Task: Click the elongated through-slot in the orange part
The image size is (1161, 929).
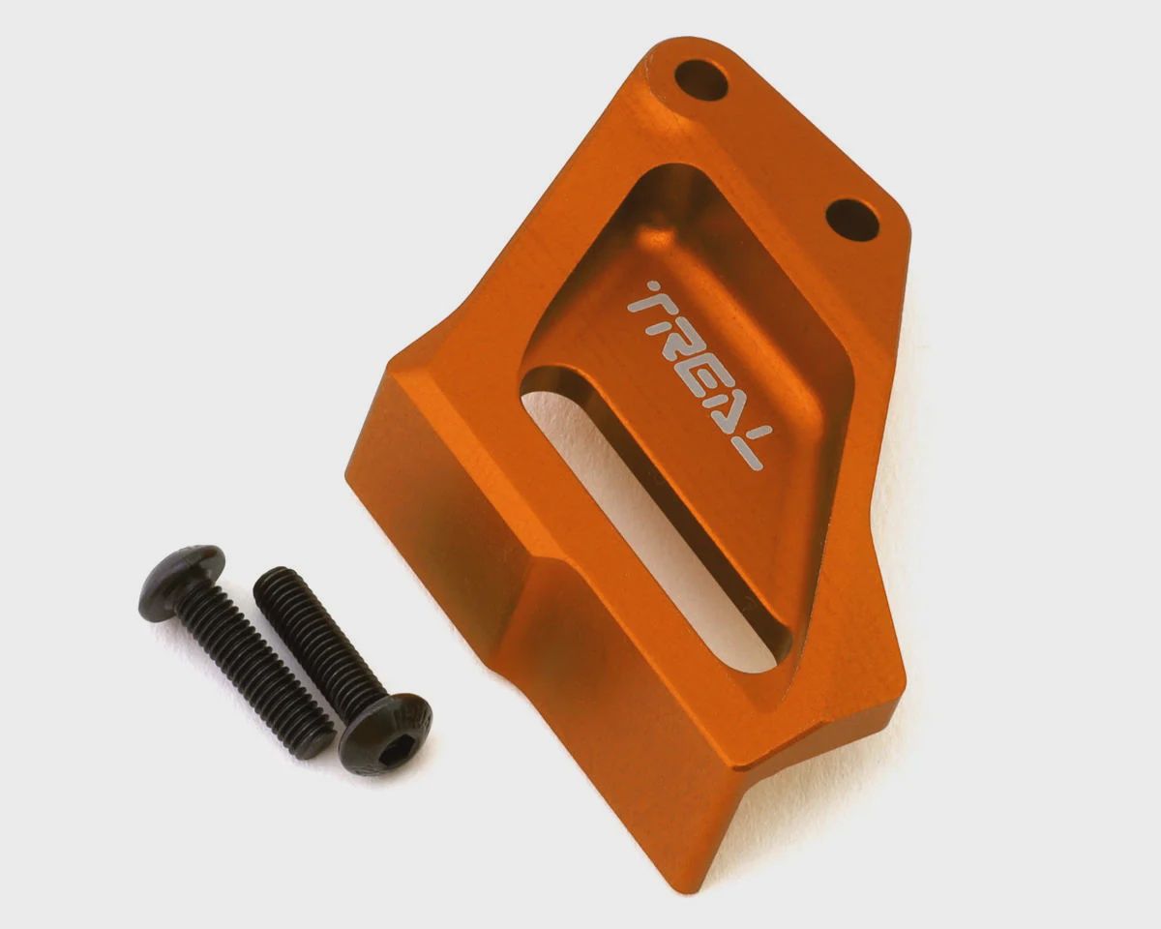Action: coord(656,519)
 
